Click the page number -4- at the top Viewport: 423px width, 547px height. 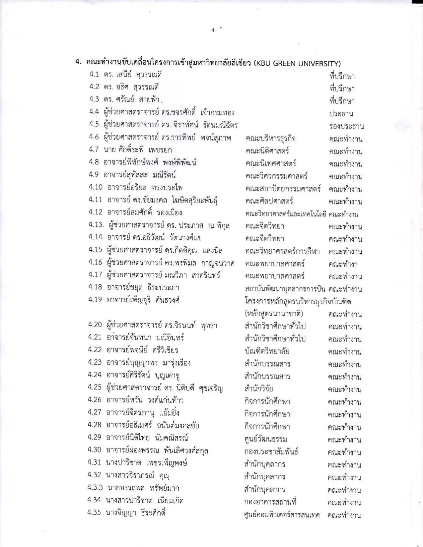point(213,30)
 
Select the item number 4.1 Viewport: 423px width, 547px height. point(94,74)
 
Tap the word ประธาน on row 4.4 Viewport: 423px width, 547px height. point(341,114)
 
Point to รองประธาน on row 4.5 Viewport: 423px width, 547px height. point(346,126)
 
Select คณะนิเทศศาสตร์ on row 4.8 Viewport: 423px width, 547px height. point(271,164)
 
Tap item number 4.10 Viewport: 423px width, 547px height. point(96,187)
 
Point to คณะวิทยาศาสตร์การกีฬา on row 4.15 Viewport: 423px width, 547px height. point(282,252)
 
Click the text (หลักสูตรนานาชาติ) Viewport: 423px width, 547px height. point(274,314)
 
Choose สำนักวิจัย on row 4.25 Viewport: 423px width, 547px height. point(258,389)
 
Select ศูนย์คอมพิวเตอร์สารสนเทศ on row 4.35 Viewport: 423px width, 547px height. point(282,515)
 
